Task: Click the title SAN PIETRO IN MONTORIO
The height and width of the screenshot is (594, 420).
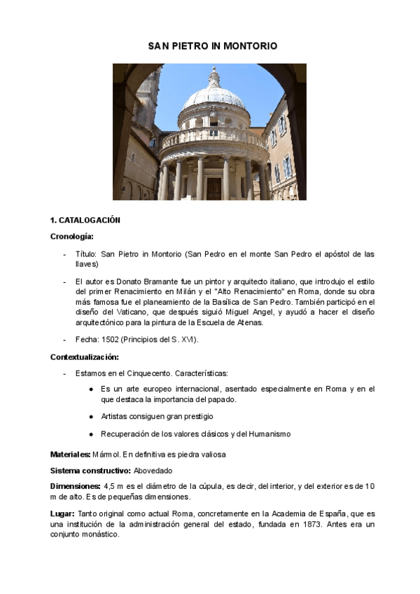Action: (x=212, y=46)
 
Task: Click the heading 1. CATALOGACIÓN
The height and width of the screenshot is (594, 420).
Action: (x=85, y=220)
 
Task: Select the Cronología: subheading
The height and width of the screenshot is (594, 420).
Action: (x=72, y=237)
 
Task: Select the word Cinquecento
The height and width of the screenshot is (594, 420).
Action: (x=147, y=373)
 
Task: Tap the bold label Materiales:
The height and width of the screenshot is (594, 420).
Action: (x=70, y=455)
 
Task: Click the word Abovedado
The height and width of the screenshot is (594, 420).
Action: (x=153, y=471)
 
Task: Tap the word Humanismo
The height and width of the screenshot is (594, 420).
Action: (x=268, y=434)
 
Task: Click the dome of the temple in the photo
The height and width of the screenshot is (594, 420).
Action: (x=213, y=98)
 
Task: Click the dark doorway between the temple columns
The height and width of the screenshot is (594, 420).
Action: (x=213, y=188)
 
